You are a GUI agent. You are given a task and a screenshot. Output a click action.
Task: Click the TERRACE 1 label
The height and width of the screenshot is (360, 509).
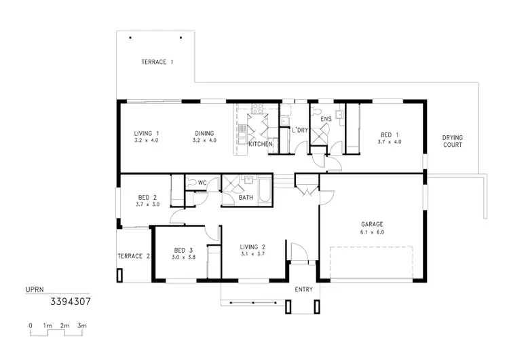157,62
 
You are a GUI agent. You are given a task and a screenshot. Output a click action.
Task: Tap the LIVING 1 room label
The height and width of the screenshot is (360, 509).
147,133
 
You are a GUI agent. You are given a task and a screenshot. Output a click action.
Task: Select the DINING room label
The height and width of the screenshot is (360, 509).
204,133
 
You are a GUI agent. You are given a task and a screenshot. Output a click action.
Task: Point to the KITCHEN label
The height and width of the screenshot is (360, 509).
261,145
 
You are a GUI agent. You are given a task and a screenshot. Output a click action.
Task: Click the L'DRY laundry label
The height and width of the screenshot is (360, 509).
300,129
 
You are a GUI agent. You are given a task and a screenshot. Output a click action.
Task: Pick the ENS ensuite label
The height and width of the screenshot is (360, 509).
326,119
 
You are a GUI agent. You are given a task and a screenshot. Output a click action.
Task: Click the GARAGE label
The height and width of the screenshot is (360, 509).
372,224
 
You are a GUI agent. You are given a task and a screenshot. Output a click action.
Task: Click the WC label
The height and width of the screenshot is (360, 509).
202,182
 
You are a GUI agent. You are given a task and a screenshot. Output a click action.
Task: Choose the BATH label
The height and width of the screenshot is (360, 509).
246,198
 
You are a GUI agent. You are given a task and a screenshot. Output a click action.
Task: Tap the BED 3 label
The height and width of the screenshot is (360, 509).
184,249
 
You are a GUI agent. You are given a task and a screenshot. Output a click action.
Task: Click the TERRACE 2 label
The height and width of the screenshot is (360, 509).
134,256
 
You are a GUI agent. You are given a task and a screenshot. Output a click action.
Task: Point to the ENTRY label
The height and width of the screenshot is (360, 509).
304,290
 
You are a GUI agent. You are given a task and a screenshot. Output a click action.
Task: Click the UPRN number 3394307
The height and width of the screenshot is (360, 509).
71,298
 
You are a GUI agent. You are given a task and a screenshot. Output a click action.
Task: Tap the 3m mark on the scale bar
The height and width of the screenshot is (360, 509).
81,326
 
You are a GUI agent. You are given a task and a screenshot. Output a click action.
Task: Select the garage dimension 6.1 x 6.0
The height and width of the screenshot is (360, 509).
372,232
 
